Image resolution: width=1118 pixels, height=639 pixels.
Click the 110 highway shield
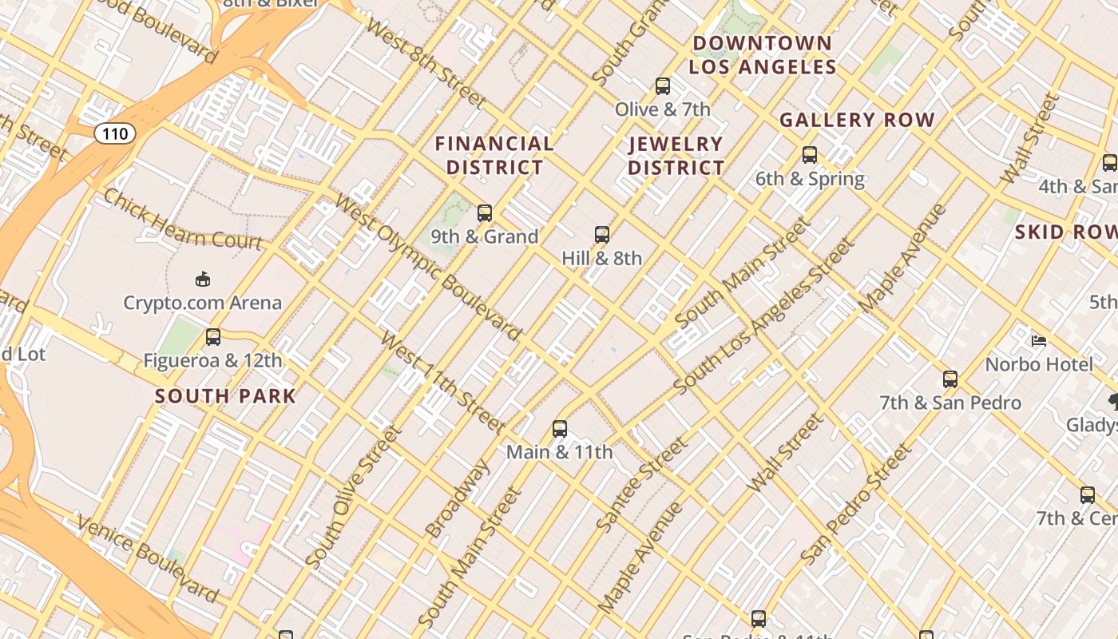[x=115, y=133]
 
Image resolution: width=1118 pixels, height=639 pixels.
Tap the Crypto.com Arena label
[x=202, y=303]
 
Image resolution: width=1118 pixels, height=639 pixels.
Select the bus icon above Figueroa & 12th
[x=212, y=337]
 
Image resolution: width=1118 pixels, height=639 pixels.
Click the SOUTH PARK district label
[x=225, y=396]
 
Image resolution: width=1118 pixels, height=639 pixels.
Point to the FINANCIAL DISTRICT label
[x=494, y=156]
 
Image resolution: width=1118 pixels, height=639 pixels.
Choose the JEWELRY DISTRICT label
[x=676, y=156]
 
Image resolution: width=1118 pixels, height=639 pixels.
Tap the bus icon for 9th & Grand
[x=485, y=213]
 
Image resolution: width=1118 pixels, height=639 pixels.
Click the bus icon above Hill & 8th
[x=602, y=235]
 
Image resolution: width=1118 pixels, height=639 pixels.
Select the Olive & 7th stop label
[x=662, y=109]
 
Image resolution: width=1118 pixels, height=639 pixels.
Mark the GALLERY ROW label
[x=857, y=121]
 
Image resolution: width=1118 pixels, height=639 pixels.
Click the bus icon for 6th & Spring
[x=810, y=155]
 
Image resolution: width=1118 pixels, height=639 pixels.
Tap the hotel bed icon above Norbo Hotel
[x=1038, y=341]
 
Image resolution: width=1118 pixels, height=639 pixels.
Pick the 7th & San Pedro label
[x=950, y=403]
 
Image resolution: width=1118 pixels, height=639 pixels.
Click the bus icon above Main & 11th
[x=560, y=429]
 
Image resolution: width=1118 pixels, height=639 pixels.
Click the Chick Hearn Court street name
[x=182, y=220]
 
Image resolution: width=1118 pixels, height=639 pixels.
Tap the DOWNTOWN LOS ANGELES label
[x=762, y=55]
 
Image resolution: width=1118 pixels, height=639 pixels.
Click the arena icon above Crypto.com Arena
[x=203, y=279]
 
